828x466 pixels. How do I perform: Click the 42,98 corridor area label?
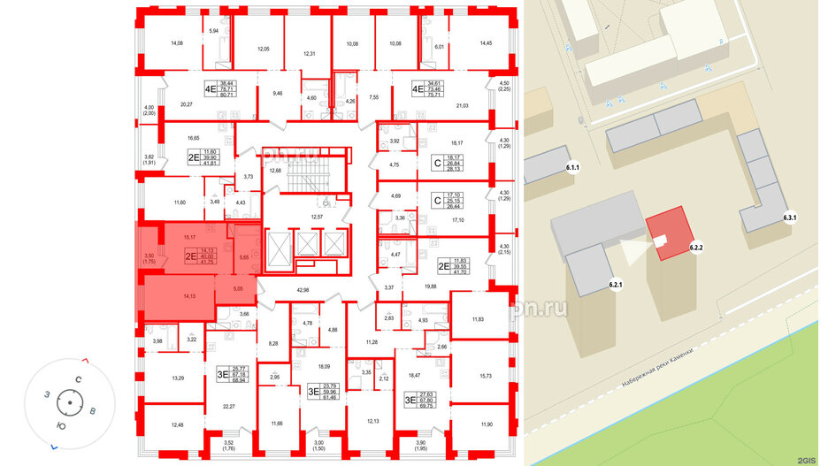pos(303,290)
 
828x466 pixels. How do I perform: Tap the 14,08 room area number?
pos(176,42)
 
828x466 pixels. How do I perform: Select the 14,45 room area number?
pos(486,42)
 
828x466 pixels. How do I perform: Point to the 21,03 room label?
pos(462,107)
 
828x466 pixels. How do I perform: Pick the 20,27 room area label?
pos(187,103)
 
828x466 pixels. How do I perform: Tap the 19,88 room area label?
pos(433,286)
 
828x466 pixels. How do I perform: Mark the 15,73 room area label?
pos(485,375)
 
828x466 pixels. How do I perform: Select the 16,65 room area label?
pos(171,139)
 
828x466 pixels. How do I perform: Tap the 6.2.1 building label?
pos(617,284)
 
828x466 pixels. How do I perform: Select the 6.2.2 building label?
pos(696,248)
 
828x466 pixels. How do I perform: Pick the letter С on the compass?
pos(78,379)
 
